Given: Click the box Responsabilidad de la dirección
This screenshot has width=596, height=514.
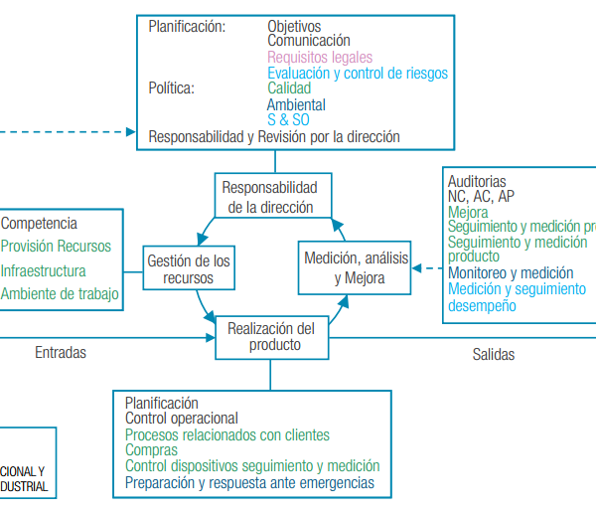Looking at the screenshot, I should pos(269,197).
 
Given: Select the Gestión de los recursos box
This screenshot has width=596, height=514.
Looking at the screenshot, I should pos(189,269).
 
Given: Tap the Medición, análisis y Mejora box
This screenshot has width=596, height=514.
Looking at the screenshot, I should pos(357,268).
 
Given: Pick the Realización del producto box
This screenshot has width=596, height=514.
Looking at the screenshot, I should pos(270,337).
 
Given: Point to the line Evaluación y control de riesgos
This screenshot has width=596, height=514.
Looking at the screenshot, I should pos(358,74).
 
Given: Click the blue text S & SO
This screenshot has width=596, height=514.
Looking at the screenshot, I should pos(289,120).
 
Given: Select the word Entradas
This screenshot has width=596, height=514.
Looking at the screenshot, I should pos(61,352).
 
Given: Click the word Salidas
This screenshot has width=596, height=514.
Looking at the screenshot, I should pos(494,353).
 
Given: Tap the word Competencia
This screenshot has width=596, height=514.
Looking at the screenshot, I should pos(39,224).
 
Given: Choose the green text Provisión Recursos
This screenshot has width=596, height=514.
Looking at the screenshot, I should pos(57,247).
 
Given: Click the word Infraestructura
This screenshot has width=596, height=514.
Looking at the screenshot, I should pos(44,270).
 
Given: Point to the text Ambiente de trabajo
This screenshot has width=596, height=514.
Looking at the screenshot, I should pos(60,293).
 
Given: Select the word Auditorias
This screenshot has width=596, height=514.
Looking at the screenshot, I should pos(477,182).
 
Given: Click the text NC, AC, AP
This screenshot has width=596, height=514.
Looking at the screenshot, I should pos(481,197).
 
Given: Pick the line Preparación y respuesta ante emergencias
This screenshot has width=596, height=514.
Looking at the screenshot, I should pos(249,482).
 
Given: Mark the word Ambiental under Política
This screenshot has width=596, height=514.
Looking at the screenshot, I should pos(296,104).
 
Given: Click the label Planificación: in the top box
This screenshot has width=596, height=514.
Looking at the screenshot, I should pos(187,27).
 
